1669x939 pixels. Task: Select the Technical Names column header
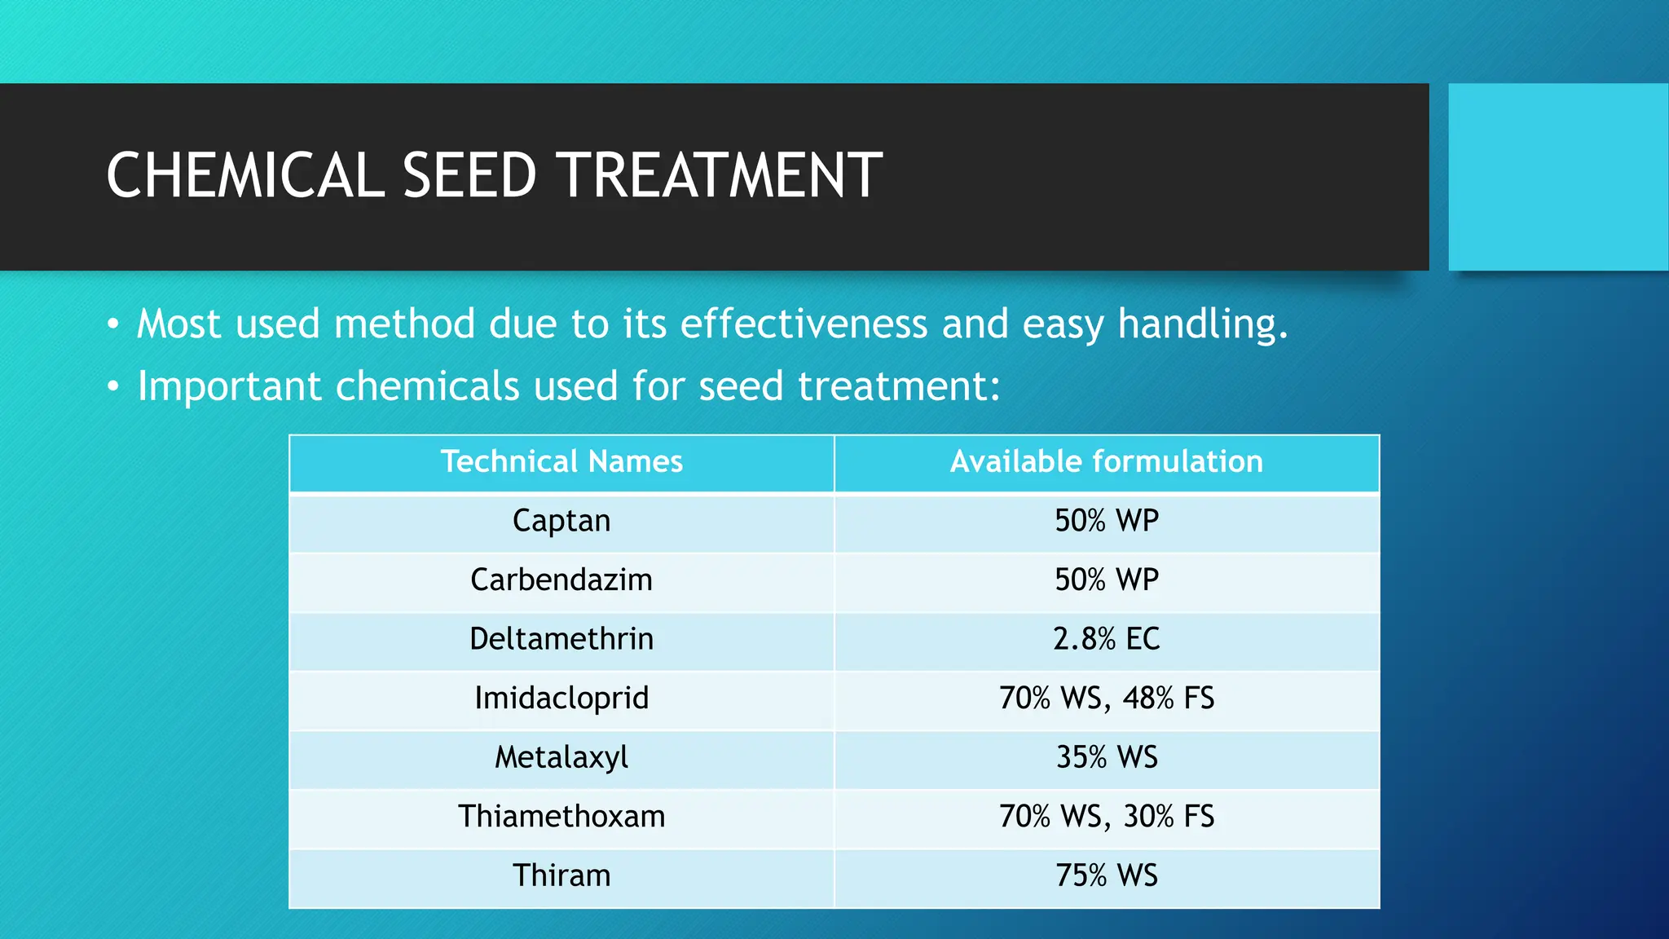click(561, 462)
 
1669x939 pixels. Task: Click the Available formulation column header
click(1106, 462)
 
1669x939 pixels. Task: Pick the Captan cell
click(561, 521)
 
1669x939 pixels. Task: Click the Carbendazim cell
click(561, 580)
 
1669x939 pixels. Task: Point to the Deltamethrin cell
click(561, 639)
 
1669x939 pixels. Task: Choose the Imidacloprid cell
click(561, 699)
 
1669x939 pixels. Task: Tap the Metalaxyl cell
click(561, 757)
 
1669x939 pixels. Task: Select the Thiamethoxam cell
click(561, 817)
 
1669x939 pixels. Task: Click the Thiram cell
click(561, 875)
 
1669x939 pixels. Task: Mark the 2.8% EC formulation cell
click(1106, 639)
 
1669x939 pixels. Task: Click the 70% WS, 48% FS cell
click(1106, 699)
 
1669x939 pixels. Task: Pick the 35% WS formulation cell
click(1106, 757)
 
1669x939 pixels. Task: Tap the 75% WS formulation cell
click(1106, 875)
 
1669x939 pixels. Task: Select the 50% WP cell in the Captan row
click(1106, 521)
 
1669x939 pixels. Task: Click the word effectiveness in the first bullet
click(804, 324)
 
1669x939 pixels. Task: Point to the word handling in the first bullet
click(1201, 325)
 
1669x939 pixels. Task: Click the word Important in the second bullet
click(229, 386)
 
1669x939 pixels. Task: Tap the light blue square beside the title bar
click(1558, 177)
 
